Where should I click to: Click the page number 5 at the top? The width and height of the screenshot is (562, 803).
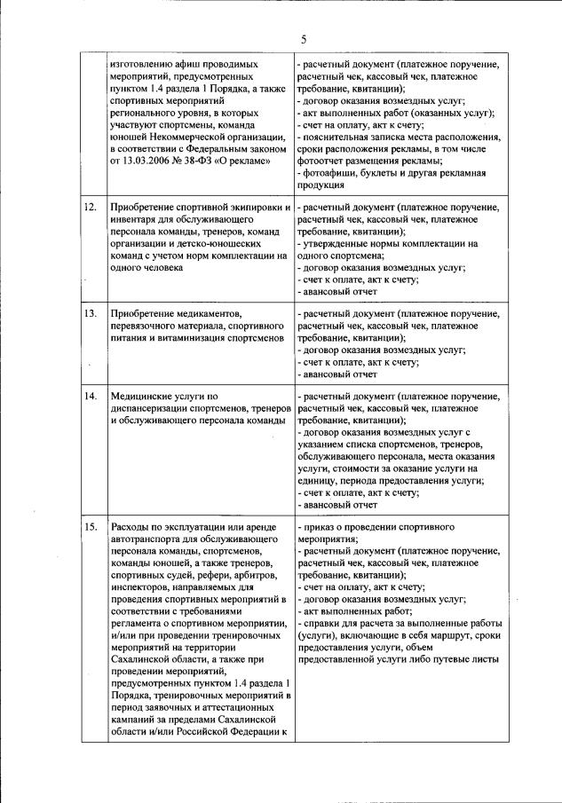304,40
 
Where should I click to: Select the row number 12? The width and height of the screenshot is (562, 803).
90,207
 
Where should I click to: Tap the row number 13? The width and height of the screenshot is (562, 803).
90,313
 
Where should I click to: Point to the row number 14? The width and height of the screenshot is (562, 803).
90,396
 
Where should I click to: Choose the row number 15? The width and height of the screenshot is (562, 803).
90,527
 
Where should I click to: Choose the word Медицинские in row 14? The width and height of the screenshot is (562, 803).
142,396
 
